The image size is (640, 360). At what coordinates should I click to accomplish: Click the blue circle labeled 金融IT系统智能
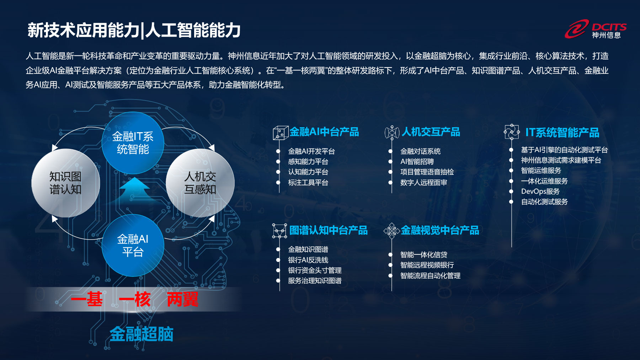[x=133, y=143]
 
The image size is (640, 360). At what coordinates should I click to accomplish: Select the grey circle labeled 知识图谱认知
[x=65, y=183]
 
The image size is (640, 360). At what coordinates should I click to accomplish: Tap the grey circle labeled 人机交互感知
[x=200, y=183]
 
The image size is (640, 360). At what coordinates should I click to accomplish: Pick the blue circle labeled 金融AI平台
[x=133, y=245]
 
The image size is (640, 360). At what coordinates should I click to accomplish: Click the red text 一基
[x=87, y=299]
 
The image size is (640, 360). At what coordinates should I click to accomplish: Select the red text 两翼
[x=182, y=299]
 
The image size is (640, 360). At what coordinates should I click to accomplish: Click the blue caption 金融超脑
[x=142, y=334]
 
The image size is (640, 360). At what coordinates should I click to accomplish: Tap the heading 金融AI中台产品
[x=324, y=132]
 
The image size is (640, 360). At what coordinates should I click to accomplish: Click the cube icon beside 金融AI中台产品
[x=281, y=133]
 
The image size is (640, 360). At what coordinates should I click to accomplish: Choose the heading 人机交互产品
[x=431, y=132]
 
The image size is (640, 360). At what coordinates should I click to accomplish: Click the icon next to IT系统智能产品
[x=512, y=132]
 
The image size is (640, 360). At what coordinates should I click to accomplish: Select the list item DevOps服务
[x=540, y=192]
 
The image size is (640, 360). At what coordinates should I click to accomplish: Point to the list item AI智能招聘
[x=417, y=162]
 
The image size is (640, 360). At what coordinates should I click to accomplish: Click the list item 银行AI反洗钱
[x=308, y=260]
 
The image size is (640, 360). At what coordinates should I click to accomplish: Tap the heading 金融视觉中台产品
[x=440, y=230]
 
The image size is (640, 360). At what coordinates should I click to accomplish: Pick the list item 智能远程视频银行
[x=427, y=265]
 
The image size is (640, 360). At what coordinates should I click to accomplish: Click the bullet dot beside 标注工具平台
[x=278, y=183]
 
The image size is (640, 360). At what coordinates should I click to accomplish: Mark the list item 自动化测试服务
[x=544, y=202]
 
